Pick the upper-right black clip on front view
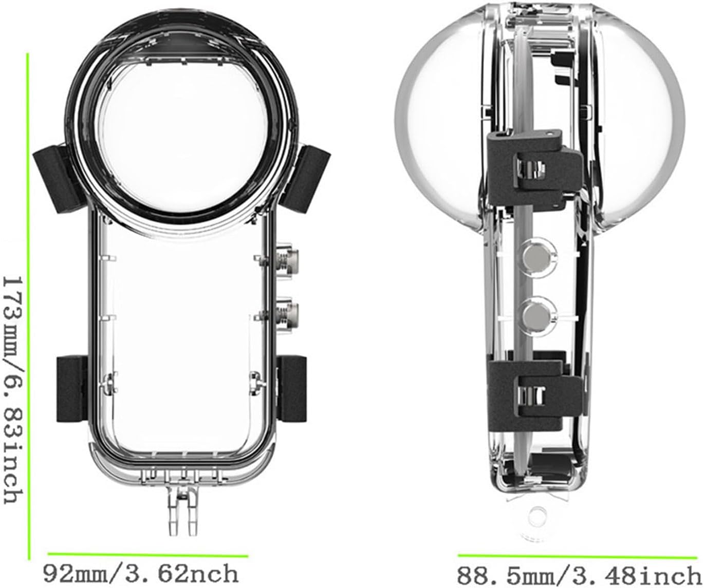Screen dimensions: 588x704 click(313, 172)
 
